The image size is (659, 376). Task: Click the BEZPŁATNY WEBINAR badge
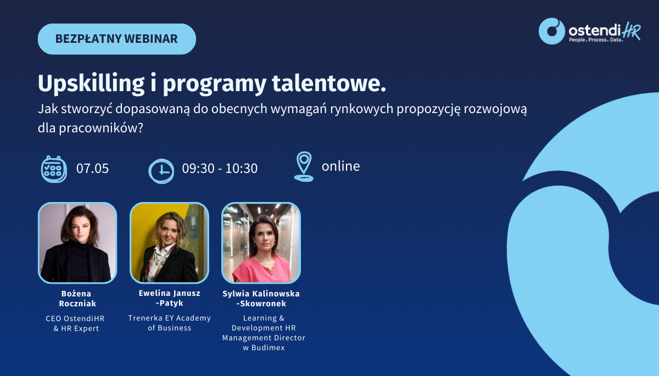click(117, 39)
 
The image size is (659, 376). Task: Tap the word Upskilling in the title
click(91, 84)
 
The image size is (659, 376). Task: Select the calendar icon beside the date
click(54, 169)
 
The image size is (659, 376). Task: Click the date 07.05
click(92, 169)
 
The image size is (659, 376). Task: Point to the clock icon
click(161, 171)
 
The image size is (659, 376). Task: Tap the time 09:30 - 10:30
click(220, 169)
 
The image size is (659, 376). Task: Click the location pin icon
click(304, 166)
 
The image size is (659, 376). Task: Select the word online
click(340, 166)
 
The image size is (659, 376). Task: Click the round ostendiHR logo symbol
click(551, 31)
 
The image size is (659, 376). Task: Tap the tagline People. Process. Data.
click(596, 40)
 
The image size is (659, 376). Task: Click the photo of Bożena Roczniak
click(77, 243)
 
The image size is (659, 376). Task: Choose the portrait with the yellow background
click(169, 243)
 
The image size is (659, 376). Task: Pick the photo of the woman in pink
click(261, 243)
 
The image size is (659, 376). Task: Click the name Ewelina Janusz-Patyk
click(170, 298)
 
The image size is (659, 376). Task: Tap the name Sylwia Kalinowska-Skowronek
click(261, 299)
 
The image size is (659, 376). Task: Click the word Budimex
click(268, 347)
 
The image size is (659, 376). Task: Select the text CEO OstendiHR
click(75, 318)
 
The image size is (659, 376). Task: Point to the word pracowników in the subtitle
click(100, 128)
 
